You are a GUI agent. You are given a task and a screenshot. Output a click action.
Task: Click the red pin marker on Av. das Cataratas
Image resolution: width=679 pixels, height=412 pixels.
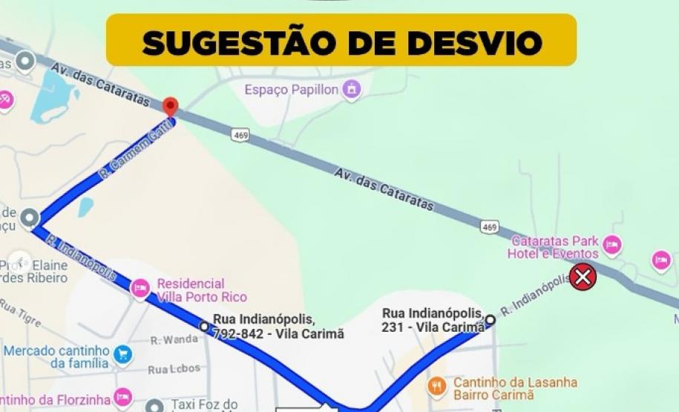[171, 107]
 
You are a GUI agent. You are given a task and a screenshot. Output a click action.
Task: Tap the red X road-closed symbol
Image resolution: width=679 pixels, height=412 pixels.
[583, 278]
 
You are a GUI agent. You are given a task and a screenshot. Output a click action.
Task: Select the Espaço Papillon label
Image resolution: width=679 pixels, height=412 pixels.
[292, 90]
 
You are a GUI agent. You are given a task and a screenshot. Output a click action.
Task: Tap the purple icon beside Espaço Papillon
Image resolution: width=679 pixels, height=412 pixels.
[352, 90]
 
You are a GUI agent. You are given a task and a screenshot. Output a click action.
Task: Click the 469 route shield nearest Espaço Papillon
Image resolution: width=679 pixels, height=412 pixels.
[240, 135]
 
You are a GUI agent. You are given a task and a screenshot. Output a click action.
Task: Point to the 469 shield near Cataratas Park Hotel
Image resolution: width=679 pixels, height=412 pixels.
[489, 227]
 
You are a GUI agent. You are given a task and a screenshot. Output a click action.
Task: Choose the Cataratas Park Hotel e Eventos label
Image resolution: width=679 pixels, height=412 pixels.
[554, 248]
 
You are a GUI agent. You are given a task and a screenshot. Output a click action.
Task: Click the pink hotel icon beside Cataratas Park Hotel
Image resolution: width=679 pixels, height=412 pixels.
[612, 244]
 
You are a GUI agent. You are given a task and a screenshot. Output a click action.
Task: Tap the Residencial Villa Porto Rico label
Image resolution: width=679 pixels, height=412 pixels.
[191, 291]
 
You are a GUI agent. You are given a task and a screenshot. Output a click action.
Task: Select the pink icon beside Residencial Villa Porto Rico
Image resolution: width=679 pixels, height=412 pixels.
[140, 289]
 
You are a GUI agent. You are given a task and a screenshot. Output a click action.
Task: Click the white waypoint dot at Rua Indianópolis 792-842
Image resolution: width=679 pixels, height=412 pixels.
[204, 327]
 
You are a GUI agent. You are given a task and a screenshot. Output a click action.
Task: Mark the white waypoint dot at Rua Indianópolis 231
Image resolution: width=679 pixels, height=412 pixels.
[490, 320]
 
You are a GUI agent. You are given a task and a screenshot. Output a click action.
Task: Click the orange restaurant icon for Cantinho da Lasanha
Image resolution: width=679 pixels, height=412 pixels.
[437, 385]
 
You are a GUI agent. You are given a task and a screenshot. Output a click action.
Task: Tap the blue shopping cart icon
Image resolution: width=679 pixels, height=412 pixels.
[122, 354]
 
